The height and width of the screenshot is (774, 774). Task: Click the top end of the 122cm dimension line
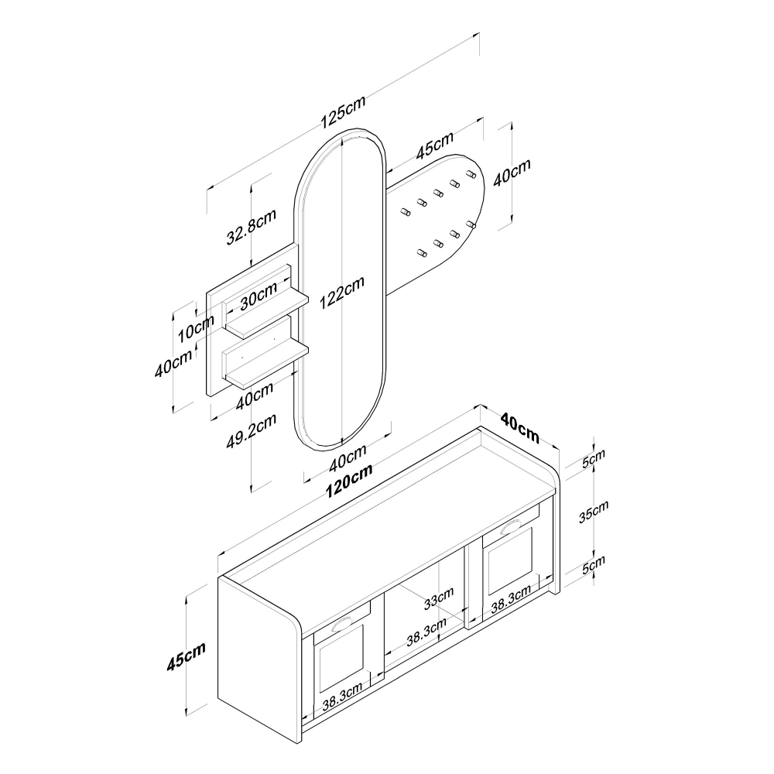coord(341,139)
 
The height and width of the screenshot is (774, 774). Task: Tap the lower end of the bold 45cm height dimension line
coord(187,714)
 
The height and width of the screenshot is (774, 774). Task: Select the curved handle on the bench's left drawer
coord(343,625)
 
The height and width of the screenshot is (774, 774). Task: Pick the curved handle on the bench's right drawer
coord(510,528)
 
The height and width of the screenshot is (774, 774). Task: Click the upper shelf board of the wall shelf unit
coord(267,314)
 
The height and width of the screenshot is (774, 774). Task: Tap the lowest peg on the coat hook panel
coord(422,254)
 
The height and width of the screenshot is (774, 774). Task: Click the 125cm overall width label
coord(344,112)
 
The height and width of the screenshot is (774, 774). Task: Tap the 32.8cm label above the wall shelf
coord(252,227)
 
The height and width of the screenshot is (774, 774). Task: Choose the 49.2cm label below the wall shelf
coord(252,431)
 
